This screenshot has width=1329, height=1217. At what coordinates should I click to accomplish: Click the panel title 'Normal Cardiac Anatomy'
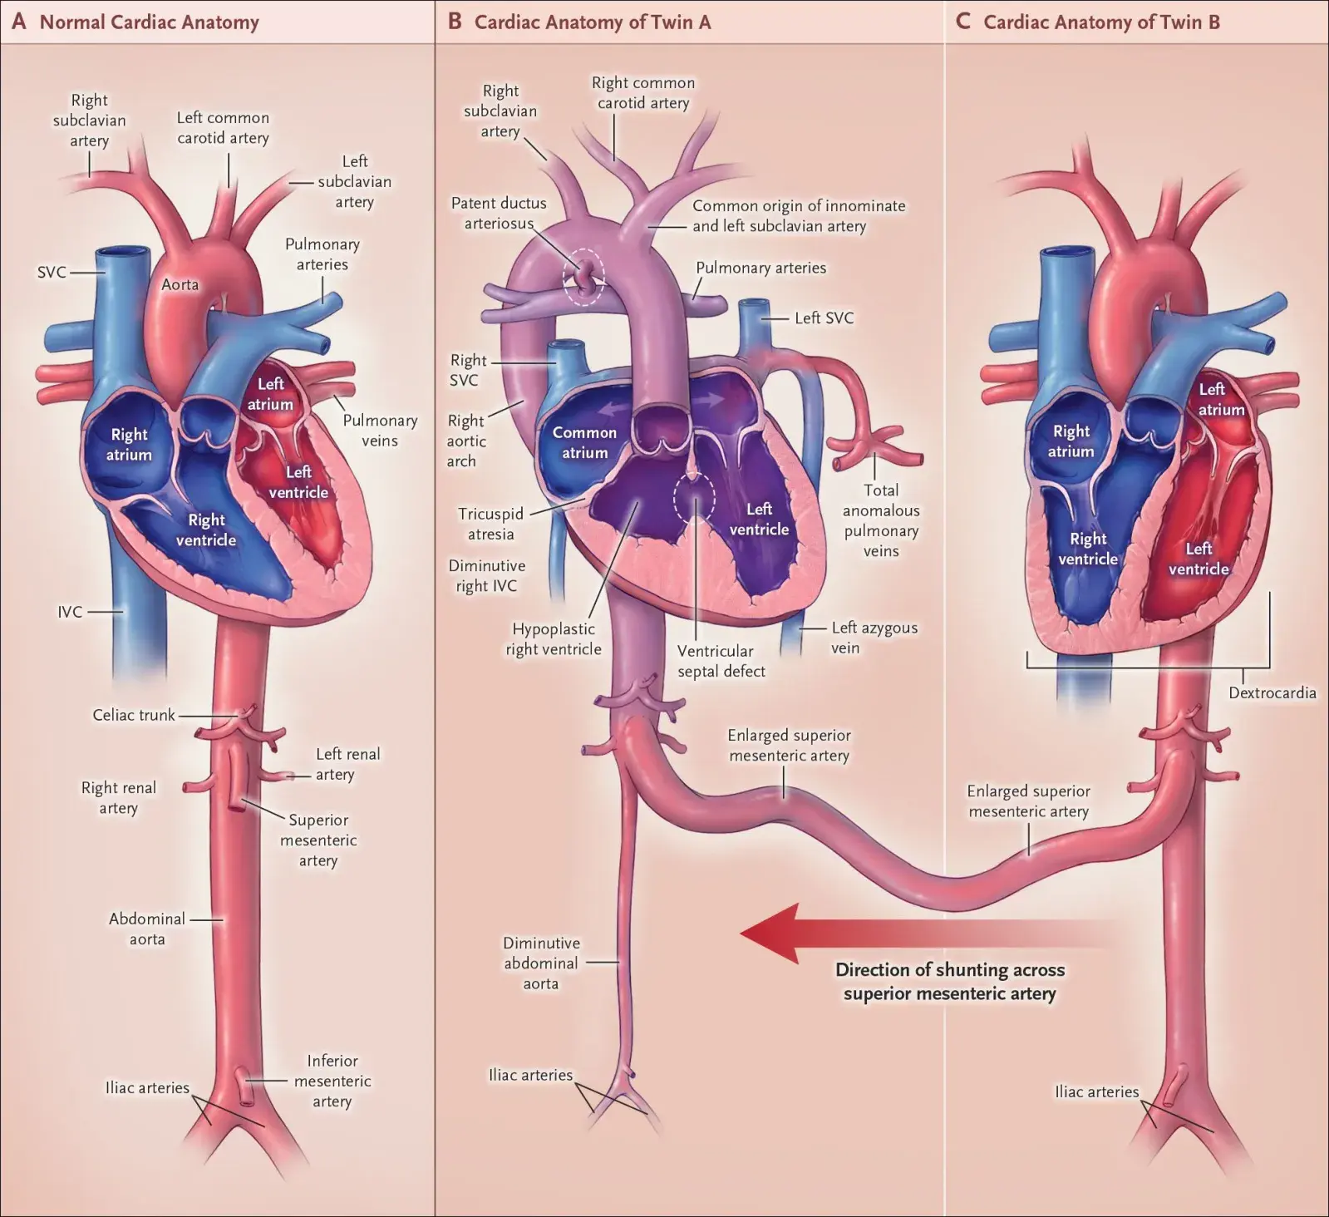(149, 22)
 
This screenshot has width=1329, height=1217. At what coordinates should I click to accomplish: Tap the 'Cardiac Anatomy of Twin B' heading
(1101, 22)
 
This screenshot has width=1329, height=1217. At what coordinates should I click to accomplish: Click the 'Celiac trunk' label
(134, 715)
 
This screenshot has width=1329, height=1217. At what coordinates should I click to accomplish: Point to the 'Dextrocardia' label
(1272, 692)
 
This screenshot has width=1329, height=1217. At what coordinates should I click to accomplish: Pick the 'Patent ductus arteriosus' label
(499, 213)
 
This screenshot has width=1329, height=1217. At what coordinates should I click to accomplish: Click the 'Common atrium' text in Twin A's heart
(584, 442)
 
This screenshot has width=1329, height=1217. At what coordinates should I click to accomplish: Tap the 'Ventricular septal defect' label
(721, 661)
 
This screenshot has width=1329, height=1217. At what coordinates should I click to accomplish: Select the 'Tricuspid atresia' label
(490, 524)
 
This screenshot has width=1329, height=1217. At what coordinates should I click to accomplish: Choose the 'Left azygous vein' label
(874, 638)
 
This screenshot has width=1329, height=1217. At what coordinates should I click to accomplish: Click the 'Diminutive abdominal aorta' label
(541, 963)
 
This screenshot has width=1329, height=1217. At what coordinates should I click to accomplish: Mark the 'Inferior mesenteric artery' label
(332, 1081)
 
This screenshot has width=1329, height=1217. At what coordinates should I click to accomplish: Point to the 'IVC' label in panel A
(70, 612)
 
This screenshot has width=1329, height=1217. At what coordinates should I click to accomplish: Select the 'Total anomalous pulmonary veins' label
(881, 520)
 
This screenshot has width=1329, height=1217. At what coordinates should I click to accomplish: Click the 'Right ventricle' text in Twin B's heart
(1087, 549)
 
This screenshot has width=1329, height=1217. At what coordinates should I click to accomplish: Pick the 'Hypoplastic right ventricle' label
(554, 639)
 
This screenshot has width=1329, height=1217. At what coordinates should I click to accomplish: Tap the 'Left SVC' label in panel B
(824, 318)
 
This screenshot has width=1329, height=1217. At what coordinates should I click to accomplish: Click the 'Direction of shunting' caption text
(950, 981)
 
